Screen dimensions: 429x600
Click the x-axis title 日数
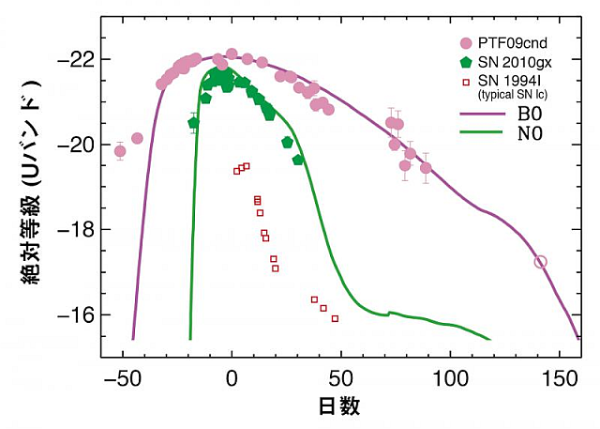pyautogui.click(x=340, y=406)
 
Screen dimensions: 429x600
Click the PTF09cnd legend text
pyautogui.click(x=512, y=44)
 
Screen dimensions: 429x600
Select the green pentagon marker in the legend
pyautogui.click(x=466, y=62)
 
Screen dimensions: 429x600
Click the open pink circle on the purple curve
pyautogui.click(x=540, y=262)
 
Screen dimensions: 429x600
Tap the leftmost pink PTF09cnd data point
pyautogui.click(x=120, y=150)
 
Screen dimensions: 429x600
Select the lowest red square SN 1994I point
pyautogui.click(x=335, y=318)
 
